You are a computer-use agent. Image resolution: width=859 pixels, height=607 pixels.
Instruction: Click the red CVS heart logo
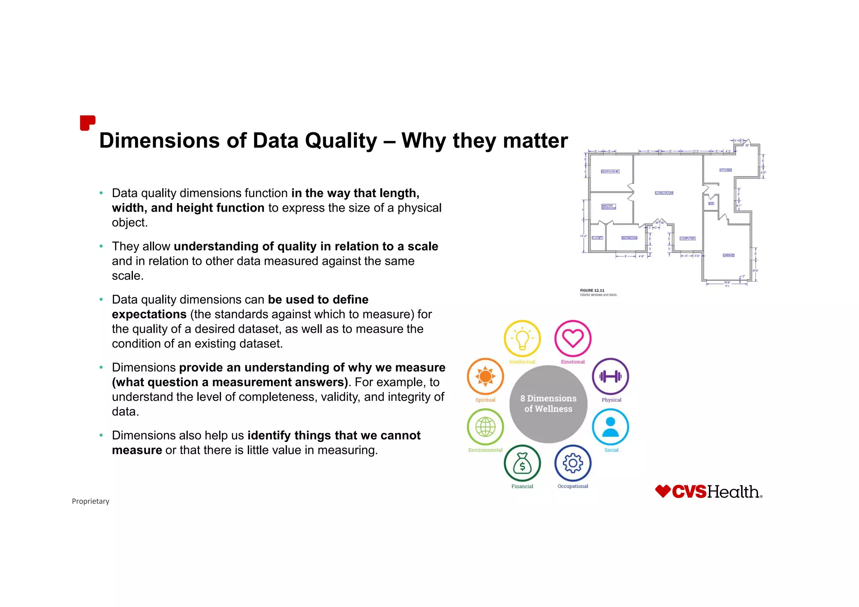click(x=663, y=491)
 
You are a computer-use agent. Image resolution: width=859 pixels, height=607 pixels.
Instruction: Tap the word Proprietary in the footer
click(x=90, y=501)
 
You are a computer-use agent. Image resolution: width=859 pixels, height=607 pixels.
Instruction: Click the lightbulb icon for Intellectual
click(x=522, y=338)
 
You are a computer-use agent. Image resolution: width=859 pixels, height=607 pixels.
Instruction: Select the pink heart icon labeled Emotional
click(x=573, y=338)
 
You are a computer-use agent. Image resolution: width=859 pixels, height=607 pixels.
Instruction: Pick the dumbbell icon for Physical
click(x=610, y=376)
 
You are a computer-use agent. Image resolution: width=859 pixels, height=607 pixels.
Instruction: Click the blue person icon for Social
click(x=610, y=427)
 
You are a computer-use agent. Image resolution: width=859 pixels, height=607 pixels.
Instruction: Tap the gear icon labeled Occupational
click(x=573, y=463)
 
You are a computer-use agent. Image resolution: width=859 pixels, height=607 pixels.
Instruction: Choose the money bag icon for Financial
click(x=522, y=463)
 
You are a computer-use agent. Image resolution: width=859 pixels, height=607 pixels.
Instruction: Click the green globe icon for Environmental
click(x=485, y=427)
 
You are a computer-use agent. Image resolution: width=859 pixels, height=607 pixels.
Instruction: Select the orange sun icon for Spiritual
click(x=485, y=376)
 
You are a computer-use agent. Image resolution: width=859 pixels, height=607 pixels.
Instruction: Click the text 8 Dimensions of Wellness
click(x=548, y=404)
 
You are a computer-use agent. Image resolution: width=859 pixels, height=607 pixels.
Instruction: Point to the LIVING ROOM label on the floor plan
click(x=664, y=193)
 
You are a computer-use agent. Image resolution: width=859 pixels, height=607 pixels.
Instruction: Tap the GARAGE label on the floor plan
click(x=729, y=255)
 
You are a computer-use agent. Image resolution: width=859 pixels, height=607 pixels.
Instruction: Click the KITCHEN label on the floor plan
click(x=726, y=170)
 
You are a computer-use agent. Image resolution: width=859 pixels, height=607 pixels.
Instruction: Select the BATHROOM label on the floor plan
click(x=629, y=238)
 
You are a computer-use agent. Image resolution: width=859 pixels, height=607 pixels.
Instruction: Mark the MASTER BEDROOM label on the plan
click(x=608, y=207)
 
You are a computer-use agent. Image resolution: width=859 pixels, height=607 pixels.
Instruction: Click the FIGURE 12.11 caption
click(x=592, y=291)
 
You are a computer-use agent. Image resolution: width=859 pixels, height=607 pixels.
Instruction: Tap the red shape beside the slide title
click(x=87, y=123)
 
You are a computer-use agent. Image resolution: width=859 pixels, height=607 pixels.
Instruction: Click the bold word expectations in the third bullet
click(x=149, y=314)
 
